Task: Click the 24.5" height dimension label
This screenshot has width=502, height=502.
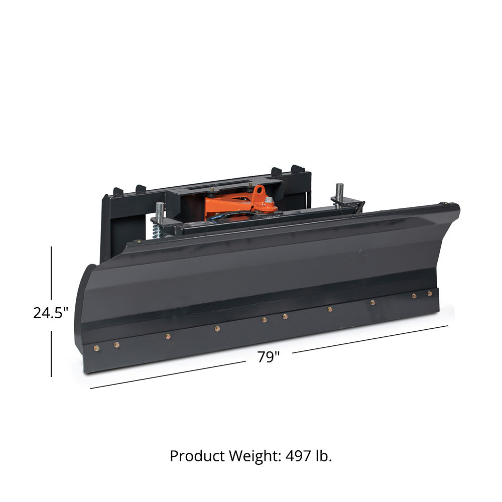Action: (x=51, y=313)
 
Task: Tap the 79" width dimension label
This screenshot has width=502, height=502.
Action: (x=269, y=356)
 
